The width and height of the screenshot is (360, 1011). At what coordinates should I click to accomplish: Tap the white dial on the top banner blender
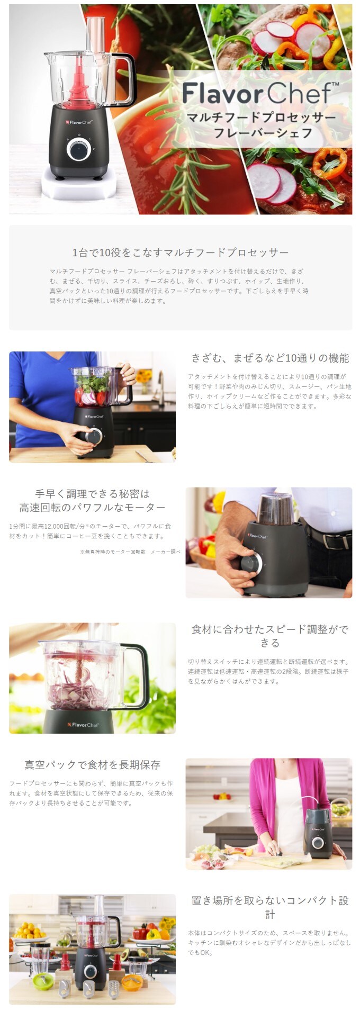tap(78, 150)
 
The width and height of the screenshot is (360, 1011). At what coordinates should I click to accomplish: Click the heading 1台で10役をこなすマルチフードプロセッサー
tap(181, 252)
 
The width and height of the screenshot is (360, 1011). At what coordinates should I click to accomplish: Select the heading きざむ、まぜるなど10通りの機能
tap(270, 358)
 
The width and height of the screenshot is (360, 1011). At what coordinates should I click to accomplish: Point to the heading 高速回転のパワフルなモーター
tap(93, 508)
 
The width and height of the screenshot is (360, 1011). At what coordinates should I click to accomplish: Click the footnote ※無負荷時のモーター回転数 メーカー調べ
tap(130, 552)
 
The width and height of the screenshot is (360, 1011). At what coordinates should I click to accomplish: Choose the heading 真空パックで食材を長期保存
tap(93, 765)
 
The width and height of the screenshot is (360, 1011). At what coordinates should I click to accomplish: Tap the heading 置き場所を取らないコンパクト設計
tap(270, 907)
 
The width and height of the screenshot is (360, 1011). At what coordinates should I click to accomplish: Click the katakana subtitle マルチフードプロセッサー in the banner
tap(262, 117)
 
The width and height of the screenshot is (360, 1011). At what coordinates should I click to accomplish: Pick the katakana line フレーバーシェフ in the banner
tap(263, 132)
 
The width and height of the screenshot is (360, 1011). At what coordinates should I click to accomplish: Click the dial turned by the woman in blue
tap(93, 437)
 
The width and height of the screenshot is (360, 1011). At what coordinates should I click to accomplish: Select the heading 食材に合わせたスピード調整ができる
tap(270, 636)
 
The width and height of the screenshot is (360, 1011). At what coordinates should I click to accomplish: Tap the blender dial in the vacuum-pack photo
tap(318, 842)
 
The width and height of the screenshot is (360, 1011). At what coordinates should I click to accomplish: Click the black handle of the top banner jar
tap(128, 79)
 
